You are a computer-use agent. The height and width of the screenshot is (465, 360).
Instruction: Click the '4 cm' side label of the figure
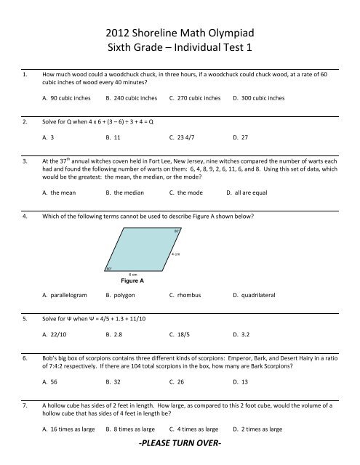(176, 255)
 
